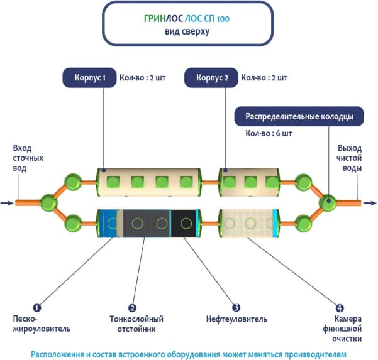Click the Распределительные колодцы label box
point(299,116)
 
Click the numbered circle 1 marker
point(37,308)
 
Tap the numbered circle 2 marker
point(133,308)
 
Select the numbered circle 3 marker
point(236,308)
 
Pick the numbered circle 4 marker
point(340,308)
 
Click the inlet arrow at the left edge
point(6,203)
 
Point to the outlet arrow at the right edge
point(370,203)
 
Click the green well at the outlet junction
point(328,203)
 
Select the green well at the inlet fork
point(48,203)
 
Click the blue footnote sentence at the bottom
point(189,353)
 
